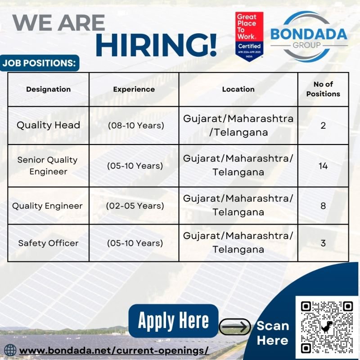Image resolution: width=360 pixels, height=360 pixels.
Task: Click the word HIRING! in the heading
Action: [x=156, y=45]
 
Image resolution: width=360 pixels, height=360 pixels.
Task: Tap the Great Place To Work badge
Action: [x=249, y=37]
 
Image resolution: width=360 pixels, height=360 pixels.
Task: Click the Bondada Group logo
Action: [x=309, y=36]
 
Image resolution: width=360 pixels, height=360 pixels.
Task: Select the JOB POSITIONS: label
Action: [x=39, y=63]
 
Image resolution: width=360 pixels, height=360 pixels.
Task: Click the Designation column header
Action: [x=48, y=89]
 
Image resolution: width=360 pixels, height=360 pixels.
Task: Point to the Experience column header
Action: [x=134, y=89]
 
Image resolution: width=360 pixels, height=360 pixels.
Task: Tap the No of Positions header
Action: [x=323, y=89]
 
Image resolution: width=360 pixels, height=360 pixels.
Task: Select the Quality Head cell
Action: [x=48, y=125]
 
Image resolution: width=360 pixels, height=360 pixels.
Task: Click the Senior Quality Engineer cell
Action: [x=48, y=166]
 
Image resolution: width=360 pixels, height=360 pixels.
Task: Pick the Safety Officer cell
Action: [x=48, y=243]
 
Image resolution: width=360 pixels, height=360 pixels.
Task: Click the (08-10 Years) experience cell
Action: [x=136, y=126]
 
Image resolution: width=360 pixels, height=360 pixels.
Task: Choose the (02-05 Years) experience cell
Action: [x=135, y=206]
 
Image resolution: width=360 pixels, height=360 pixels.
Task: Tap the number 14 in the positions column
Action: [x=323, y=166]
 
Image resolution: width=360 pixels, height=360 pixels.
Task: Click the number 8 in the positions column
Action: [x=323, y=206]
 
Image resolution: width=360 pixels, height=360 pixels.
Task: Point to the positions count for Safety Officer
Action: [x=323, y=243]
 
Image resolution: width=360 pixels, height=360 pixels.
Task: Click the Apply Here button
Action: [x=173, y=321]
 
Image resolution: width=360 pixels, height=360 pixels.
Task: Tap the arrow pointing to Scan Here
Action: [x=234, y=326]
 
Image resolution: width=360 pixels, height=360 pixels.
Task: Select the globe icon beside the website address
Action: [x=10, y=351]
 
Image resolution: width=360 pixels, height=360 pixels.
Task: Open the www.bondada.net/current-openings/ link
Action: [x=114, y=351]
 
